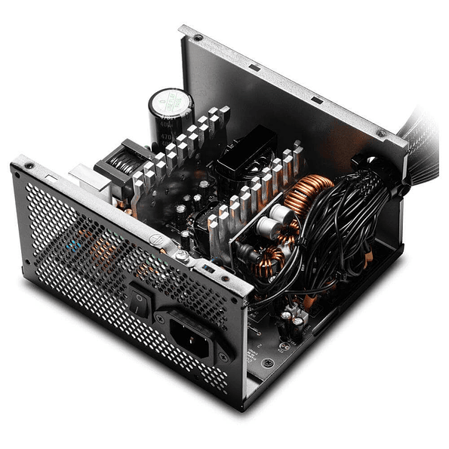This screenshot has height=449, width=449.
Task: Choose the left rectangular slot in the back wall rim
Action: tap(255, 68)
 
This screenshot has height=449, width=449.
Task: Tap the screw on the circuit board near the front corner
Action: tap(268, 362)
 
